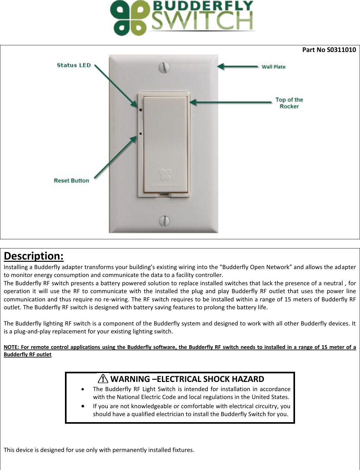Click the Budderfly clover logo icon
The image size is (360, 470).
click(127, 18)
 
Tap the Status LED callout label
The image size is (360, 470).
click(74, 65)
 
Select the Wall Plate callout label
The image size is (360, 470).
click(273, 67)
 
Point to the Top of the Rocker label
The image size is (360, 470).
click(289, 103)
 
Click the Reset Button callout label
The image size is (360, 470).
click(71, 181)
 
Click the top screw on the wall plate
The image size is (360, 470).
click(164, 67)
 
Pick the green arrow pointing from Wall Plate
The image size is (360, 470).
click(238, 67)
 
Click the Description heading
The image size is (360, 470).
click(34, 256)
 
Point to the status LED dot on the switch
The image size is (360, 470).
click(140, 110)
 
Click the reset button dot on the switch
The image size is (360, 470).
click(140, 134)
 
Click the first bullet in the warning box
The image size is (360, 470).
click(83, 389)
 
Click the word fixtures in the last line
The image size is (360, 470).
click(183, 450)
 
